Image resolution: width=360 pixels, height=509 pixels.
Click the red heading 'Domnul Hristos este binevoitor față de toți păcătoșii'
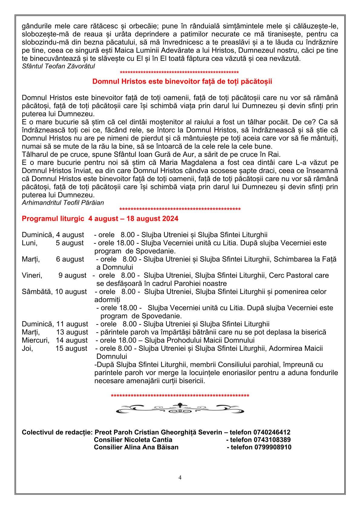(x=182, y=82)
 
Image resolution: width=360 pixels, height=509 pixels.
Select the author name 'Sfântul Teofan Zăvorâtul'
(x=58, y=66)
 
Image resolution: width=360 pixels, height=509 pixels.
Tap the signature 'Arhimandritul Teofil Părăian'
(x=63, y=203)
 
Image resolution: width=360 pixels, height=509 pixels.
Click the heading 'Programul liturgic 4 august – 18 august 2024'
(x=100, y=219)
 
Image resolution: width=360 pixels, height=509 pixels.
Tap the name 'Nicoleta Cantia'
(x=148, y=440)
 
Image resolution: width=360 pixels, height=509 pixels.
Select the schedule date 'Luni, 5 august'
(x=53, y=243)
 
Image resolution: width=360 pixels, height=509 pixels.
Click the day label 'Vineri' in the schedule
(x=32, y=276)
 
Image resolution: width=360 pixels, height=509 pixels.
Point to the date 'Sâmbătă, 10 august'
(x=54, y=292)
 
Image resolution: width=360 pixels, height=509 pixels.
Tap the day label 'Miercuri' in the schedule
(x=35, y=340)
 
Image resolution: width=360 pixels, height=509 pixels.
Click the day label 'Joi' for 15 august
(x=27, y=348)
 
